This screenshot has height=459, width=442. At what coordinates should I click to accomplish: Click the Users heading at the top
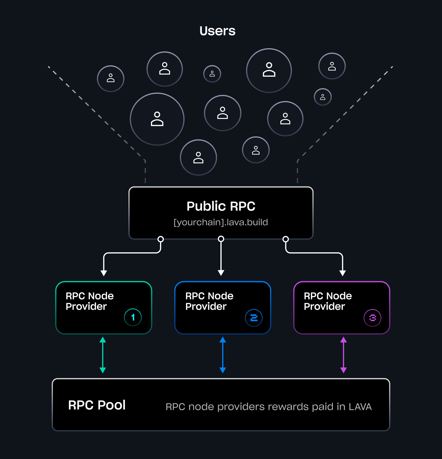217,31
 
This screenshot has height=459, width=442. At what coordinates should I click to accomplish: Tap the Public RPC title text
221,206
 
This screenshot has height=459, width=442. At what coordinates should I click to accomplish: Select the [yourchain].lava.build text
221,222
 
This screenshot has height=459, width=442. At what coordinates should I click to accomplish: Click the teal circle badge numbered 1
133,317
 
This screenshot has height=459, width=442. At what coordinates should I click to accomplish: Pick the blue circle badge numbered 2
254,318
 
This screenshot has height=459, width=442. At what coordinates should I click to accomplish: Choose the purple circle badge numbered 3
372,318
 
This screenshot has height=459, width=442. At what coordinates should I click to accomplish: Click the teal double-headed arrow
103,355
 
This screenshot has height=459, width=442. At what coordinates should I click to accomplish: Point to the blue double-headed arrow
223,355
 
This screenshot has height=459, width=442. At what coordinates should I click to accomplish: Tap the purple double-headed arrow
344,355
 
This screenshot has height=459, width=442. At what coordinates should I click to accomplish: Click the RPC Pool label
97,405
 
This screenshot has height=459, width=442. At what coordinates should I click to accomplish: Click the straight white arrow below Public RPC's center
221,257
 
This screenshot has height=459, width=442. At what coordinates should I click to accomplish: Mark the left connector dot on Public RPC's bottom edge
161,239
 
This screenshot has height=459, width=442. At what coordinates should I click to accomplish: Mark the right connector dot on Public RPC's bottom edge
286,239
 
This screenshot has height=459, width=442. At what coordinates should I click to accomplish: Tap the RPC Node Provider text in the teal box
89,301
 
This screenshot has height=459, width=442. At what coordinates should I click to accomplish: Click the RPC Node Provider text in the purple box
328,301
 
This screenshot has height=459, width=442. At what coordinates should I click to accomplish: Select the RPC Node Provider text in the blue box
209,301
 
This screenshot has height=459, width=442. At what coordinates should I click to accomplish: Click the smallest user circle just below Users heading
212,74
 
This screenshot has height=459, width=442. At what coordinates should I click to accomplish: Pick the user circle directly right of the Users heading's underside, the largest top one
269,70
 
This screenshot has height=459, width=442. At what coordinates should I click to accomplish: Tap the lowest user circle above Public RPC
198,157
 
